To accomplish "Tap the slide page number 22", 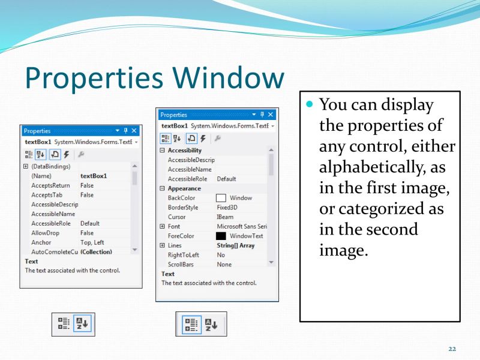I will pos(452,349).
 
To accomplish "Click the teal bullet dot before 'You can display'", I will pos(310,104).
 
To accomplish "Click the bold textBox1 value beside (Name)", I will pos(94,176).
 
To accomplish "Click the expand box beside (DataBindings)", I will pos(25,166).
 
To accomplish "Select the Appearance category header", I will pos(184,188).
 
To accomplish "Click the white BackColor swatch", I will pos(221,198).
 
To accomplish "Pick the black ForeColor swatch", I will pos(221,236).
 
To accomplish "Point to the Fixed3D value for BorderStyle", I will pos(229,208).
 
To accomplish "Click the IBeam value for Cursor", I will pos(226,217).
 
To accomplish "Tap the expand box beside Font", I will pos(162,227).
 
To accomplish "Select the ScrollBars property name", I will pos(181,265).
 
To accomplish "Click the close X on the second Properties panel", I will pos(271,115).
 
